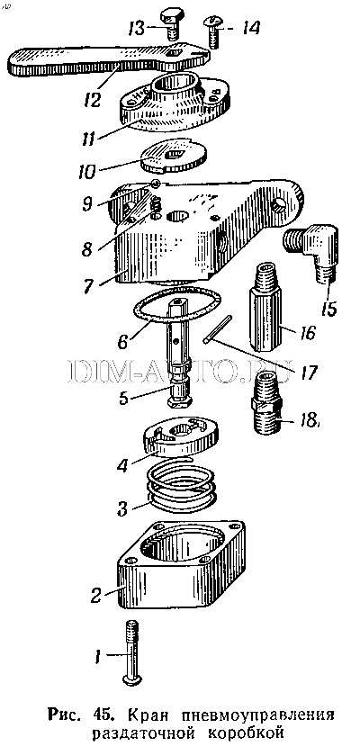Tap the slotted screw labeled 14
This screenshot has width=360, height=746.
pyautogui.click(x=212, y=31)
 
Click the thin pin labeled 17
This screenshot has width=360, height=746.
pyautogui.click(x=217, y=328)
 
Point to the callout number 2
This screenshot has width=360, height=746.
pyautogui.click(x=96, y=595)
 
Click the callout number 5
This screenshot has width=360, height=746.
pyautogui.click(x=123, y=397)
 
